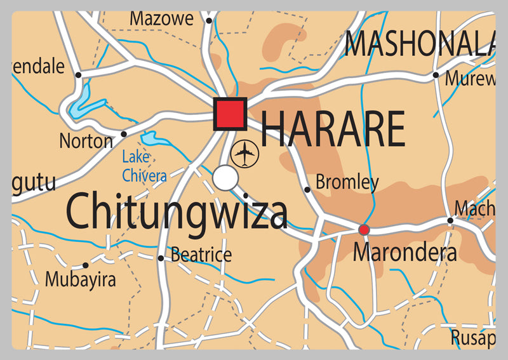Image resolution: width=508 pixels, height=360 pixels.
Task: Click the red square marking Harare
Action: pyautogui.click(x=230, y=114)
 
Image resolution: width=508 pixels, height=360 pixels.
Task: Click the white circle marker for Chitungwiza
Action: pyautogui.click(x=225, y=178)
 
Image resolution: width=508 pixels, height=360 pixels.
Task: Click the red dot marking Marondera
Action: pyautogui.click(x=364, y=229)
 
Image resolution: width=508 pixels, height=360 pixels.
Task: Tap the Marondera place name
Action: pyautogui.click(x=404, y=253)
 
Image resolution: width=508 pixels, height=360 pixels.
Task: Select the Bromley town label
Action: pyautogui.click(x=347, y=183)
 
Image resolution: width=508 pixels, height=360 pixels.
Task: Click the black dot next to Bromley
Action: pyautogui.click(x=307, y=189)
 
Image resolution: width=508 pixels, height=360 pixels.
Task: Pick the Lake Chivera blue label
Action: pyautogui.click(x=144, y=166)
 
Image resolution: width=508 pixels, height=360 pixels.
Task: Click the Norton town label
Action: pyautogui.click(x=86, y=141)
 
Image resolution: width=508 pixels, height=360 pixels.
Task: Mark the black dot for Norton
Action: pyautogui.click(x=124, y=134)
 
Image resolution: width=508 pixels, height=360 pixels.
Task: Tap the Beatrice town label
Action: pyautogui.click(x=201, y=256)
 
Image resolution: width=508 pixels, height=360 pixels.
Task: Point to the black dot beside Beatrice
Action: pyautogui.click(x=161, y=258)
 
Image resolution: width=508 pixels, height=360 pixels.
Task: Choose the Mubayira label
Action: pyautogui.click(x=80, y=279)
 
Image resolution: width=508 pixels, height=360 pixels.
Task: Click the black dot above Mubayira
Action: pyautogui.click(x=86, y=265)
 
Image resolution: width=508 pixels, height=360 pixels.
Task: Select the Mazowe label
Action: pyautogui.click(x=162, y=19)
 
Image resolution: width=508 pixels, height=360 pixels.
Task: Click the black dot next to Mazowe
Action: pyautogui.click(x=208, y=20)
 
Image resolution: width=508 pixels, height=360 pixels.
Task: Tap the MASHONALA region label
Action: pyautogui.click(x=419, y=44)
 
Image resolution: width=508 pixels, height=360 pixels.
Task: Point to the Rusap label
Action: pyautogui.click(x=472, y=336)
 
